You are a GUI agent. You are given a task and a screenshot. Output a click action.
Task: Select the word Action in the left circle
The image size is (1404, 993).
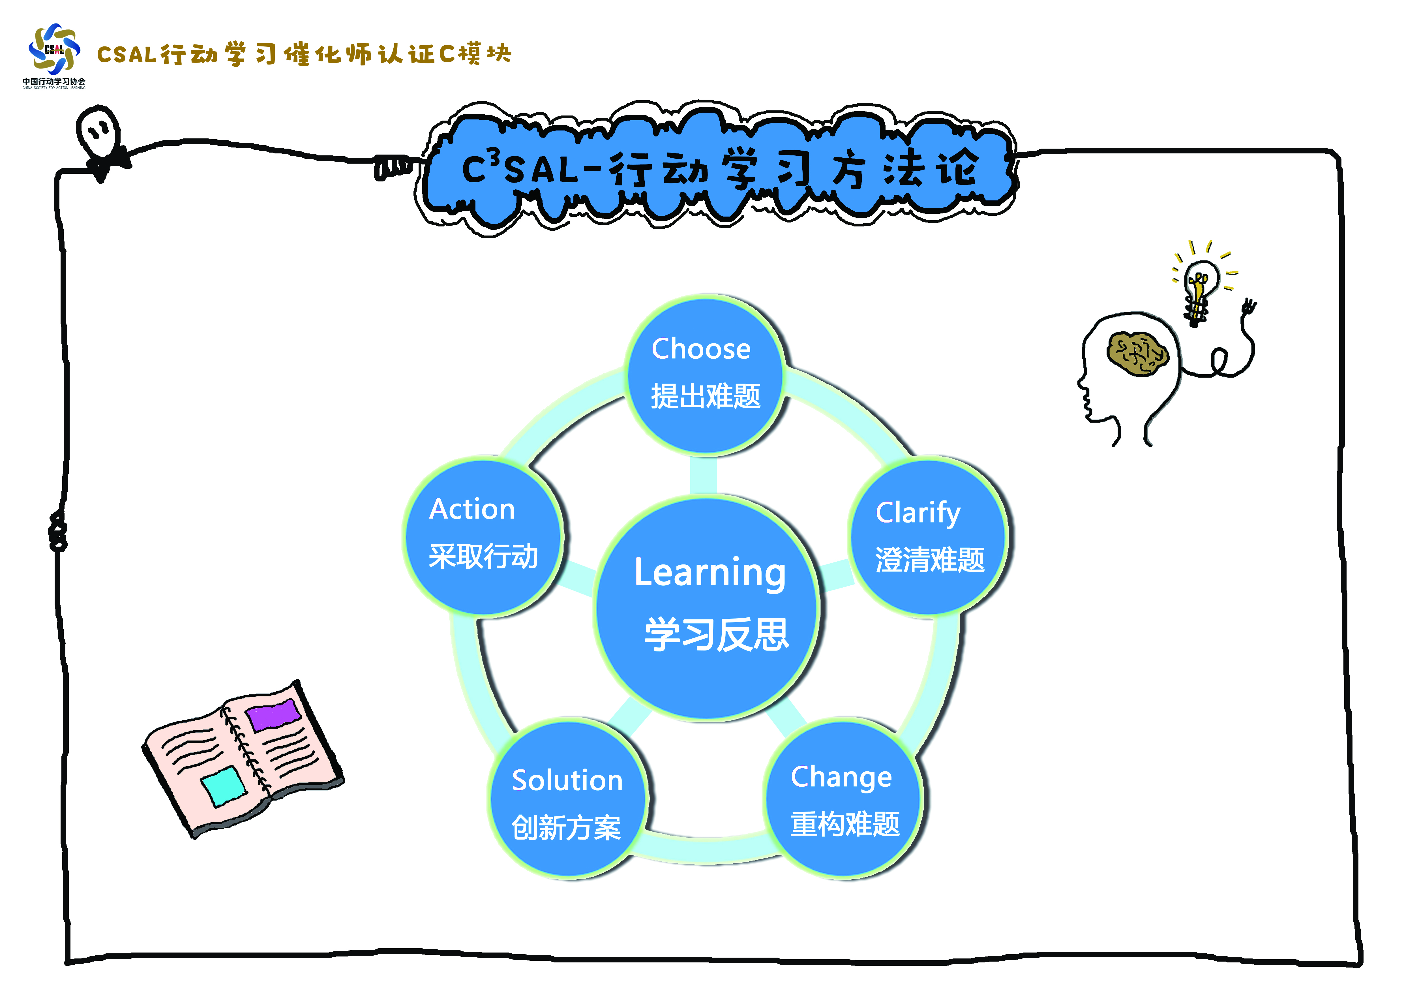click(472, 509)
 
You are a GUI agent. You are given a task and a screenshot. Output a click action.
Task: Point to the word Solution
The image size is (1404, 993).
click(567, 781)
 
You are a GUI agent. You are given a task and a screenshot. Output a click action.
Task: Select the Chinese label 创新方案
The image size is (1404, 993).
click(566, 828)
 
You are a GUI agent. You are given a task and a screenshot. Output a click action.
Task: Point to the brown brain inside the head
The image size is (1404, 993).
click(1137, 354)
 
